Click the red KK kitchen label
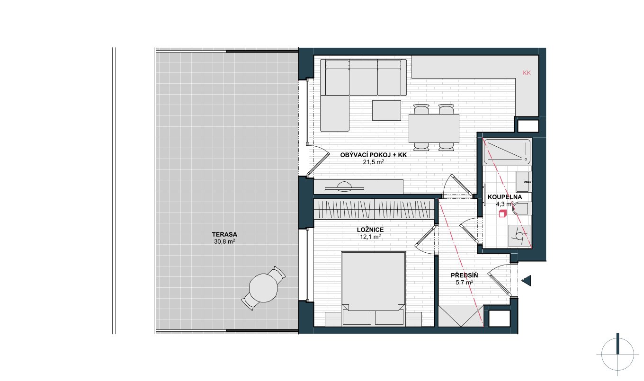click(x=527, y=73)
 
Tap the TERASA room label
click(x=224, y=234)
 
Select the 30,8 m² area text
click(x=224, y=242)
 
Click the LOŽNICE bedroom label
click(x=370, y=230)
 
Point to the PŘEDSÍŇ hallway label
click(x=465, y=275)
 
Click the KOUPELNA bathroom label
click(x=505, y=197)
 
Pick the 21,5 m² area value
click(x=374, y=162)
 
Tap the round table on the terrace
click(x=263, y=288)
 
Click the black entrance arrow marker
click(x=526, y=281)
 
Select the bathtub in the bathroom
click(x=507, y=152)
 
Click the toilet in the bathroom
click(x=521, y=209)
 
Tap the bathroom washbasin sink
click(x=523, y=182)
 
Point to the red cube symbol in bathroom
click(x=502, y=213)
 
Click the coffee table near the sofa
click(x=386, y=110)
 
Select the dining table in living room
click(x=434, y=128)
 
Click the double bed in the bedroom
click(x=373, y=289)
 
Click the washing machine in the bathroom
click(x=519, y=236)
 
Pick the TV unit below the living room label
click(x=358, y=187)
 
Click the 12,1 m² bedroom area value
click(x=370, y=237)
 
